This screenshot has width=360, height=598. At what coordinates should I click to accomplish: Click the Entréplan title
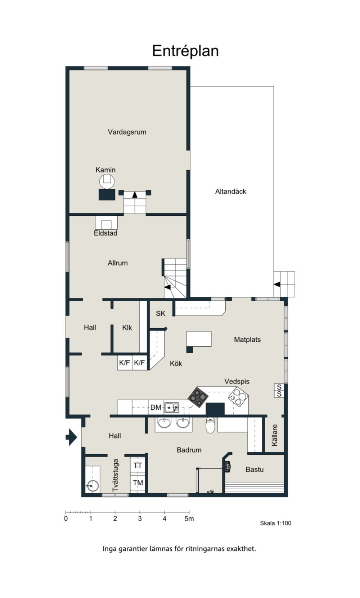coord(185,51)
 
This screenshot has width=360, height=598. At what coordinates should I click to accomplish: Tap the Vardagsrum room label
coord(127,132)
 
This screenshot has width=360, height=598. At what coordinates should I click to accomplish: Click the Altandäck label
coord(231,191)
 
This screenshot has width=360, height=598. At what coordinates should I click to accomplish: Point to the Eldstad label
coord(105,233)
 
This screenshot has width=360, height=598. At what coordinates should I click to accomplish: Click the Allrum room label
coord(118,263)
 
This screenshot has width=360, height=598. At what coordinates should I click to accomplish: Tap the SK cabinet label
coord(160,313)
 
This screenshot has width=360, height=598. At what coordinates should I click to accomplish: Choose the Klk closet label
coord(127,328)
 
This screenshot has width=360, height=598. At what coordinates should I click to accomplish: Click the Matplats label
coord(247,340)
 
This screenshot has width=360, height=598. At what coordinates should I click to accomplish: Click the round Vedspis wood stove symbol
coord(238,397)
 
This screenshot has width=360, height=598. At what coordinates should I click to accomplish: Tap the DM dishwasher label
coord(156,407)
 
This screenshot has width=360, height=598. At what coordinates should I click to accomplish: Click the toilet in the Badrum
coord(210,425)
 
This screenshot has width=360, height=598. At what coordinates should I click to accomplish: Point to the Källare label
coord(274,435)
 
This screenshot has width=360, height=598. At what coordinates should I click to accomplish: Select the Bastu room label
coord(254,469)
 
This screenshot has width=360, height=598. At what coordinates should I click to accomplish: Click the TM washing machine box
coord(138,482)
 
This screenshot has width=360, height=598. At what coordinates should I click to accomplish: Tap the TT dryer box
coord(138,466)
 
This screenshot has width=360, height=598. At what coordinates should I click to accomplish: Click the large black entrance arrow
coord(72,437)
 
